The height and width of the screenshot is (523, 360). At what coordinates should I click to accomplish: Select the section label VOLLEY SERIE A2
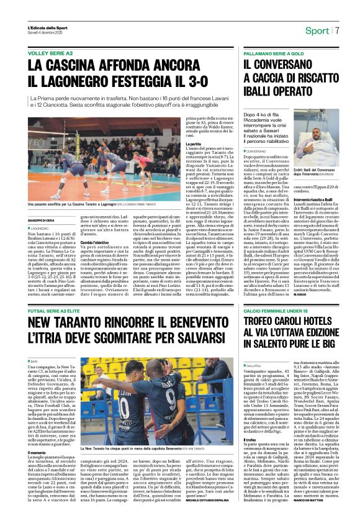pos(50,53)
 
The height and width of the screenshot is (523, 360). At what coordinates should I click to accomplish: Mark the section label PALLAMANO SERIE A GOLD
pos(280,53)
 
